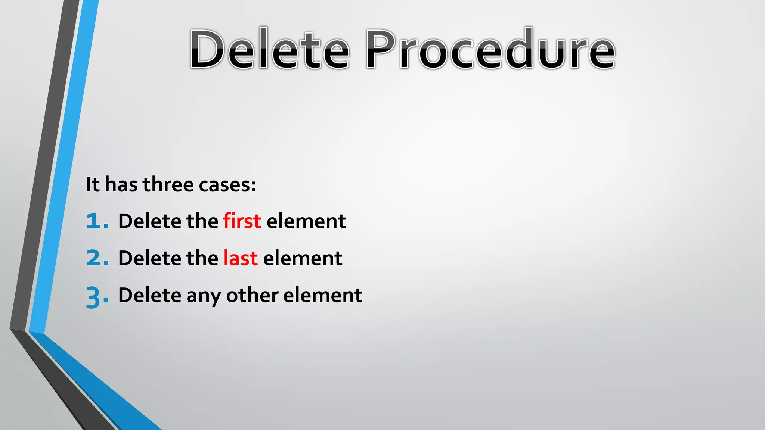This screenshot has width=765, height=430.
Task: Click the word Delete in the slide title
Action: click(270, 49)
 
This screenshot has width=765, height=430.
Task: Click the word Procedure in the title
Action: click(490, 49)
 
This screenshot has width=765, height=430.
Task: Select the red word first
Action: click(242, 221)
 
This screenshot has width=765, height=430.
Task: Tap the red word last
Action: click(241, 258)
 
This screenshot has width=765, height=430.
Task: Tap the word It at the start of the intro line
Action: click(93, 184)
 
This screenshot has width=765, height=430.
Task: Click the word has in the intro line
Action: click(121, 184)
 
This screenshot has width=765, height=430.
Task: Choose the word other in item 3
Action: click(252, 295)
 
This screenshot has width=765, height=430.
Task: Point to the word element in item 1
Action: click(306, 221)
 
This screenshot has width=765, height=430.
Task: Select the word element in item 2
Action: click(303, 258)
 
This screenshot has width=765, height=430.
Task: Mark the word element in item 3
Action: click(323, 295)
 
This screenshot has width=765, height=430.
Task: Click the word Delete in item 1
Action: click(149, 221)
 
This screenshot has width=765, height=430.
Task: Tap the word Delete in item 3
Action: click(149, 295)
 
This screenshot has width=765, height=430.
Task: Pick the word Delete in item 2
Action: click(149, 258)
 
